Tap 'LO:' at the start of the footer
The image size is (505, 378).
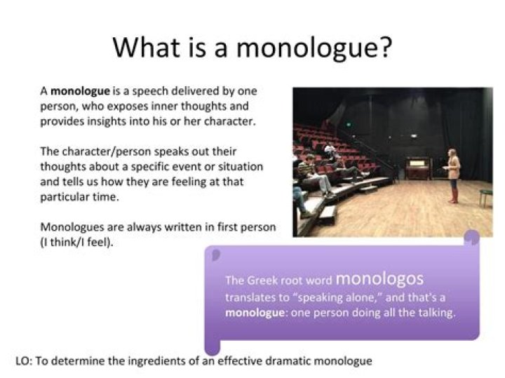(23, 361)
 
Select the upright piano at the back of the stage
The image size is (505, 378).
(417, 168)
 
